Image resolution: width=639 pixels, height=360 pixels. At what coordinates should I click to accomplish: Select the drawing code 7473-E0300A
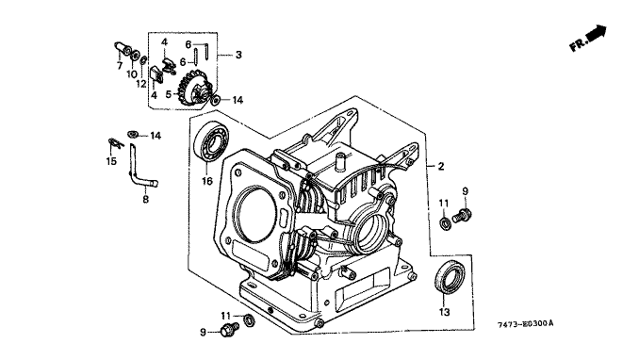526,324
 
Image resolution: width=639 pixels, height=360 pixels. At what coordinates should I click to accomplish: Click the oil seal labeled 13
450,276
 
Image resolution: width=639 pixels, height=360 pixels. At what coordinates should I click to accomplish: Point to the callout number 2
441,167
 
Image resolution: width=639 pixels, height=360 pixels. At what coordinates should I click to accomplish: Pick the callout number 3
238,55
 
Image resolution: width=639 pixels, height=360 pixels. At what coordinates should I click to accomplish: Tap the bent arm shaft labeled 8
140,171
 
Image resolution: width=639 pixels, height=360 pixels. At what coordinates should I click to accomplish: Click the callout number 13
444,312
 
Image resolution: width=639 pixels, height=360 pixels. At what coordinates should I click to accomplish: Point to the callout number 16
207,181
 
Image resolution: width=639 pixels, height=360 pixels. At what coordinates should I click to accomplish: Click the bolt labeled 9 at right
462,215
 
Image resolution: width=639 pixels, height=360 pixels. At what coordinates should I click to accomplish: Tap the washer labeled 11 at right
445,223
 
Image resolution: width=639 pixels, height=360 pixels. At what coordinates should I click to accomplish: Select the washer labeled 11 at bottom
250,320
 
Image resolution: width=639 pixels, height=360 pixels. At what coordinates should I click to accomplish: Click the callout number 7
120,66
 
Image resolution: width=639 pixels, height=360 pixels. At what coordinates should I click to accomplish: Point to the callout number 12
141,84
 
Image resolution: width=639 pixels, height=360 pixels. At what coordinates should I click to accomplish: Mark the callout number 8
145,200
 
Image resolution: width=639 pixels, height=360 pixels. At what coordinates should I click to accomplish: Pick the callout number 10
132,74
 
